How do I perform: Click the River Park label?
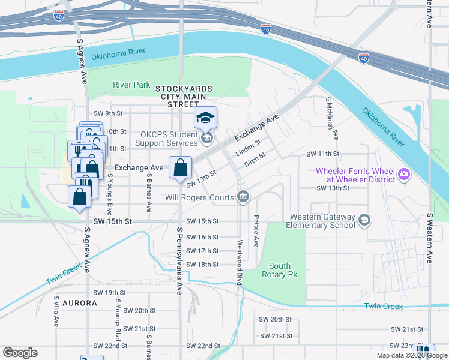(131, 85)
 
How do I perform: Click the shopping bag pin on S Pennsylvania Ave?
(181, 169)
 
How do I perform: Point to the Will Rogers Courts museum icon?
(243, 197)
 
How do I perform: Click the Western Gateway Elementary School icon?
(364, 221)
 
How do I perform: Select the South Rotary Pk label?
(280, 270)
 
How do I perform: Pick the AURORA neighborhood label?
(79, 303)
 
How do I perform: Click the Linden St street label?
(248, 148)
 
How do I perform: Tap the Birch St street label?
(255, 161)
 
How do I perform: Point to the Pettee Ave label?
(256, 232)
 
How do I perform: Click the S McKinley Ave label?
(332, 118)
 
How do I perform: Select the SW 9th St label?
(108, 113)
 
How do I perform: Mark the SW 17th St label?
(202, 251)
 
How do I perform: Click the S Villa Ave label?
(56, 311)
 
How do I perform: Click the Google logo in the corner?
(20, 353)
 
